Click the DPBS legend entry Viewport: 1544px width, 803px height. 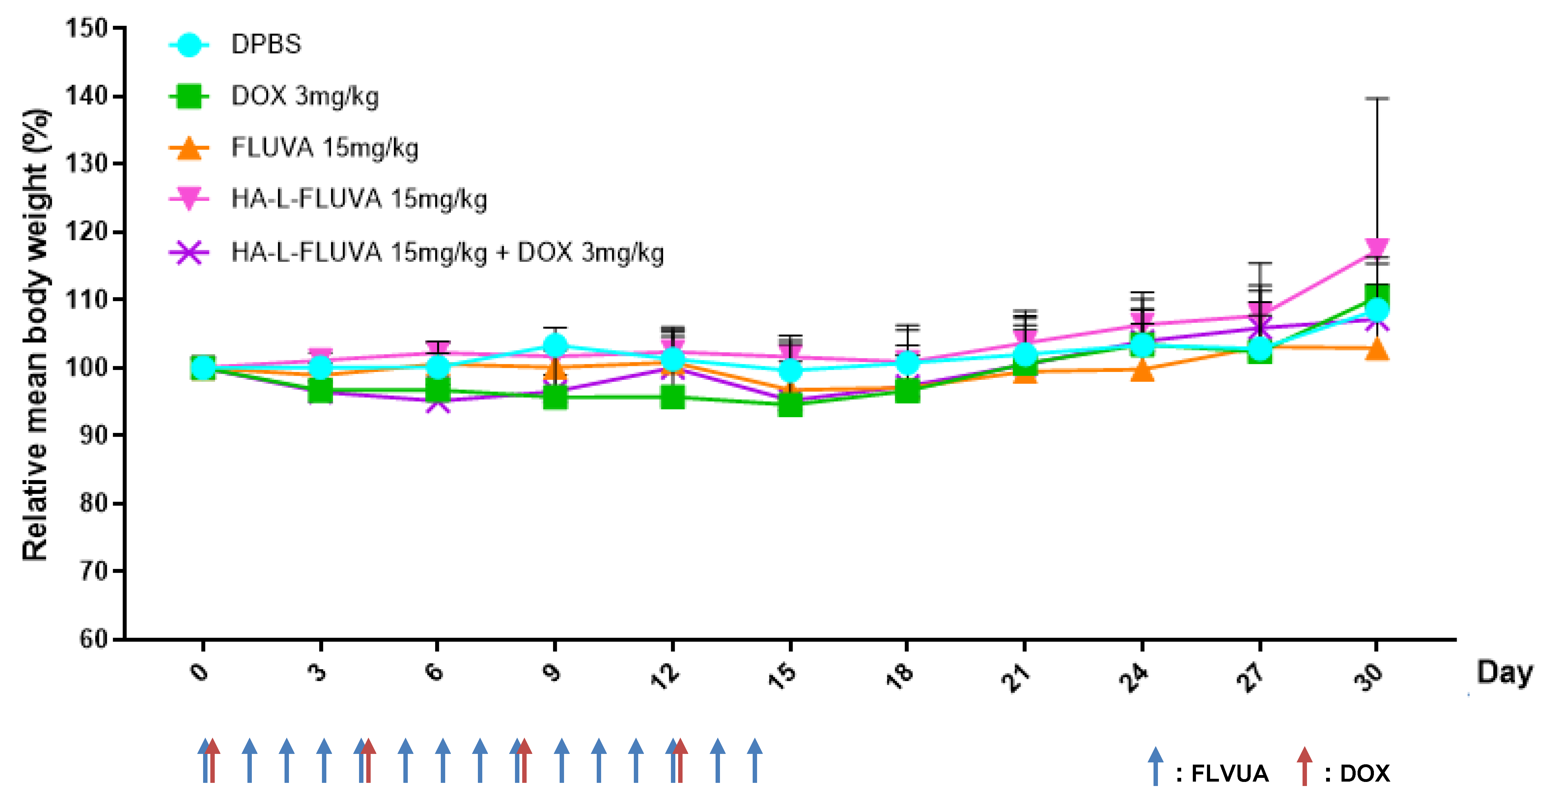click(266, 44)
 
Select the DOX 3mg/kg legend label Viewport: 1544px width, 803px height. click(304, 96)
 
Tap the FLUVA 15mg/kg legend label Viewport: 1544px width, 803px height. click(324, 148)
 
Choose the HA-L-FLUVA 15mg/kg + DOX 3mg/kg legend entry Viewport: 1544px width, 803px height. click(447, 252)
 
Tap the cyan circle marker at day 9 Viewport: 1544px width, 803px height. click(555, 345)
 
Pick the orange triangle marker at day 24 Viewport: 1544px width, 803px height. click(1143, 371)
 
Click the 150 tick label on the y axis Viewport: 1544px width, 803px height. click(86, 28)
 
